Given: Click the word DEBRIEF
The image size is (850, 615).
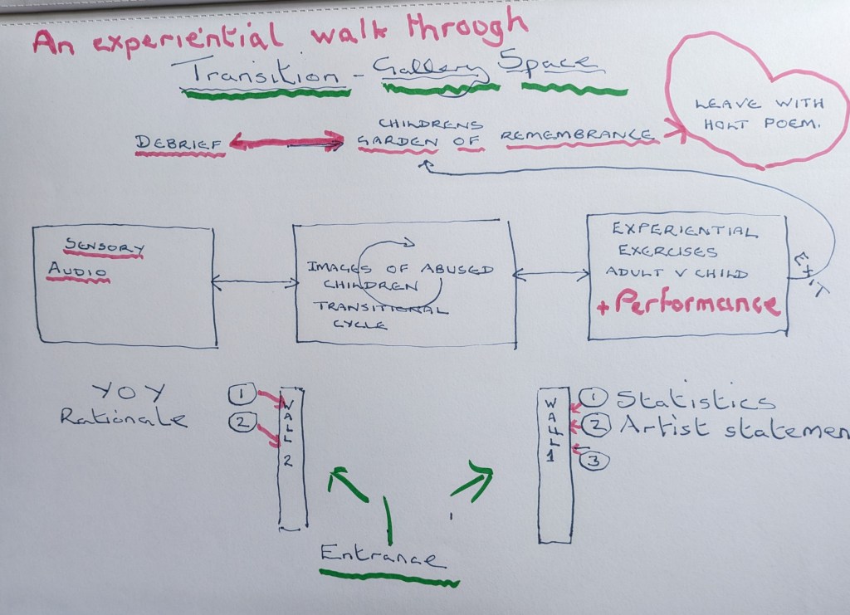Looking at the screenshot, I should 178,143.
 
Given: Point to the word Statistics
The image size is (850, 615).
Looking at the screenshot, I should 696,400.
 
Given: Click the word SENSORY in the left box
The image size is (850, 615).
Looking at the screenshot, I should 105,246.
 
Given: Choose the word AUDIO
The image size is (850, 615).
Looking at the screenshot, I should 77,271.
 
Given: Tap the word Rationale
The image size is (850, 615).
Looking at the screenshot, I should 123,417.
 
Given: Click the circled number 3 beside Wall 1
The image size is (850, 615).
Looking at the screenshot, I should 594,460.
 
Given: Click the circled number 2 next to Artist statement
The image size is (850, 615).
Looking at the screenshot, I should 595,427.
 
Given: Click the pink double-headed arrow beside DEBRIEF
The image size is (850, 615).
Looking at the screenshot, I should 286,142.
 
